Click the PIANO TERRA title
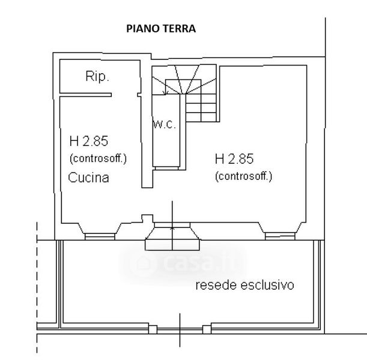[x=160, y=28]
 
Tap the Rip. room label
[x=97, y=77]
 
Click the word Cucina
[x=88, y=178]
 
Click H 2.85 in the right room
[x=234, y=159]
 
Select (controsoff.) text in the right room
[x=243, y=176]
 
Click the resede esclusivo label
[x=245, y=285]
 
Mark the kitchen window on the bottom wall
[x=99, y=236]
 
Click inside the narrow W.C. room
[x=164, y=144]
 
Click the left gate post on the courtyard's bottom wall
[x=153, y=329]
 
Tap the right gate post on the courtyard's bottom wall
[x=207, y=329]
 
